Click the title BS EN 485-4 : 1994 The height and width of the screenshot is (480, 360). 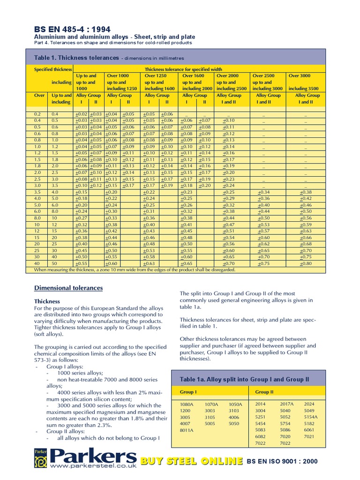(70, 28)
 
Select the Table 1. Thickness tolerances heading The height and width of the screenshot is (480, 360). (77, 58)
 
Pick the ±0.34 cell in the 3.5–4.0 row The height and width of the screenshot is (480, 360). (263, 192)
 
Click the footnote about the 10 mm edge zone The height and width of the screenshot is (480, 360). (135, 270)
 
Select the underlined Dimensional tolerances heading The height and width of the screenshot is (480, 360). (68, 288)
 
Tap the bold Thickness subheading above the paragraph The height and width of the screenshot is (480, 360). (47, 301)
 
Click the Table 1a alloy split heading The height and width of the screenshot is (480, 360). (245, 379)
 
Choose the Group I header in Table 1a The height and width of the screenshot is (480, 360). (188, 392)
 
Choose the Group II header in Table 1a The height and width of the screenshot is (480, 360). (264, 392)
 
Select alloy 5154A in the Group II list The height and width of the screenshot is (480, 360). (311, 417)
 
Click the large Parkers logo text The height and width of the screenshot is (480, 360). (93, 456)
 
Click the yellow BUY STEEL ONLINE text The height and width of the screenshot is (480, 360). (193, 461)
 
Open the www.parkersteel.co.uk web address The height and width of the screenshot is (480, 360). (93, 466)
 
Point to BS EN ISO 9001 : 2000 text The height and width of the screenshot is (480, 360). (282, 461)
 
